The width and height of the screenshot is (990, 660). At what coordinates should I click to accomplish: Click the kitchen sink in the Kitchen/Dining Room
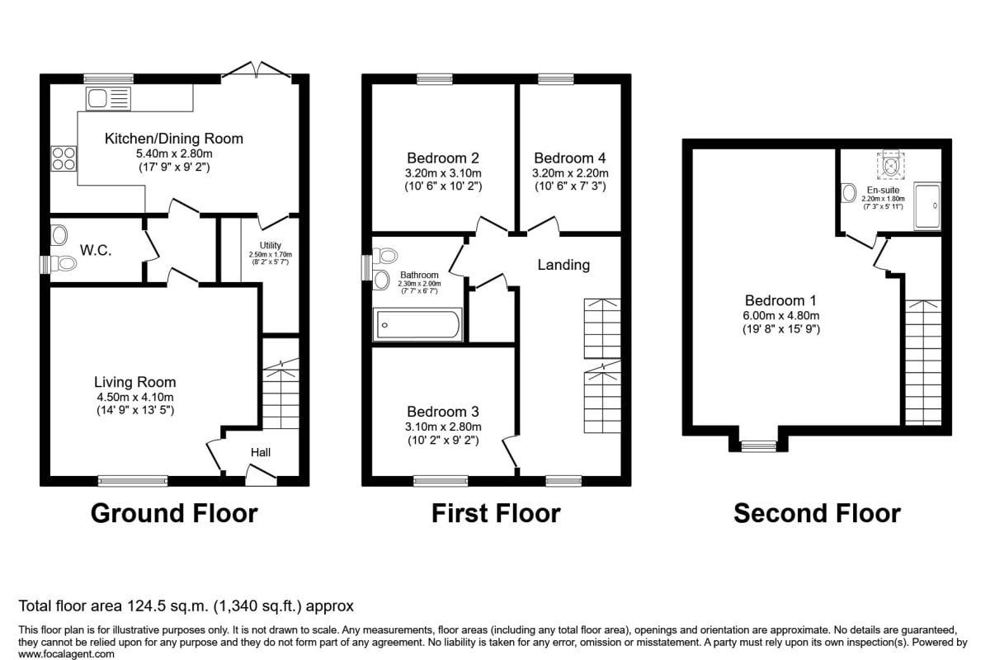pyautogui.click(x=108, y=98)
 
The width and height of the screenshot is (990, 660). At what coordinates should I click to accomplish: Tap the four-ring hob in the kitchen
pyautogui.click(x=64, y=158)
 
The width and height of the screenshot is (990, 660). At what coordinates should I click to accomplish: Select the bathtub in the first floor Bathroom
pyautogui.click(x=417, y=325)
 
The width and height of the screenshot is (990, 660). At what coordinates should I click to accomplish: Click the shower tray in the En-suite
pyautogui.click(x=927, y=206)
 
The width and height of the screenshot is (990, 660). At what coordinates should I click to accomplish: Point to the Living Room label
pyautogui.click(x=134, y=382)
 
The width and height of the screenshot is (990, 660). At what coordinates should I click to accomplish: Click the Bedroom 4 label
pyautogui.click(x=570, y=158)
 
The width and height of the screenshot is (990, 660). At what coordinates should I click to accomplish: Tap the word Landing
pyautogui.click(x=563, y=265)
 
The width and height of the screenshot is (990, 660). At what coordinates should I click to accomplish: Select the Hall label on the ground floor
pyautogui.click(x=261, y=452)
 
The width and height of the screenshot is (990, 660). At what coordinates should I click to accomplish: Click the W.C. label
pyautogui.click(x=96, y=251)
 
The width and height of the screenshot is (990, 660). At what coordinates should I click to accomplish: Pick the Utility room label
pyautogui.click(x=270, y=245)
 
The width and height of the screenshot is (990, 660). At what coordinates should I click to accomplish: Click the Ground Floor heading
pyautogui.click(x=174, y=514)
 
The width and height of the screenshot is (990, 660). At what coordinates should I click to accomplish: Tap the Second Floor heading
pyautogui.click(x=818, y=514)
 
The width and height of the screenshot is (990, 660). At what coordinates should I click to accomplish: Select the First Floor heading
pyautogui.click(x=496, y=514)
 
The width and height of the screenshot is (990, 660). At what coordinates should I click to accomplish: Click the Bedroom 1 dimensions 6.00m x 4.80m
pyautogui.click(x=781, y=316)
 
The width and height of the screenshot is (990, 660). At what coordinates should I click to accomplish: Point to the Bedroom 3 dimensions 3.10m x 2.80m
pyautogui.click(x=443, y=427)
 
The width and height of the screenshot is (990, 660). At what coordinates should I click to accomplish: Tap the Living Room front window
pyautogui.click(x=133, y=481)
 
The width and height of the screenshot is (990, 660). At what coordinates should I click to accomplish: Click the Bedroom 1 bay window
pyautogui.click(x=758, y=446)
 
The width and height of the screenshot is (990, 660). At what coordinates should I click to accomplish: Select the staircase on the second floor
pyautogui.click(x=923, y=362)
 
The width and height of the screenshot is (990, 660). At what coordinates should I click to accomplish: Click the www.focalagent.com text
pyautogui.click(x=66, y=653)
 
